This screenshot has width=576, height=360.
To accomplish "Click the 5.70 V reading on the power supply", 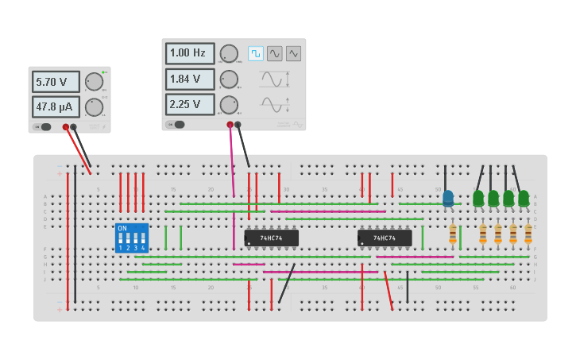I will coord(56,82).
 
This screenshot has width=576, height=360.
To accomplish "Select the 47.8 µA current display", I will coord(56,106).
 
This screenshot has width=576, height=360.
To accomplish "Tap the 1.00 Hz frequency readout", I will coord(190,53).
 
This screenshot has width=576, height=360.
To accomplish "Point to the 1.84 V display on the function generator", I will coord(190,79).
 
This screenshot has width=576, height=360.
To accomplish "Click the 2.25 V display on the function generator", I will coord(190,104).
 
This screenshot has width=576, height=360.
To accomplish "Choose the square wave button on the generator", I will coord(255,53).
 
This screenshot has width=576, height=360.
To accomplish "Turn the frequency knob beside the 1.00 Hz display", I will coord(229,53).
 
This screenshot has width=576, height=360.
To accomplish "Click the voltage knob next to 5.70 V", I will coord(94,82).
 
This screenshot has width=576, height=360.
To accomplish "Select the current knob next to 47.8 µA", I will coord(94,107).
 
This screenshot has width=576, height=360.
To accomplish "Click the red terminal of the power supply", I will coord(66,126).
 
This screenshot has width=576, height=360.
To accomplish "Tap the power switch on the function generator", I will coord(179,124).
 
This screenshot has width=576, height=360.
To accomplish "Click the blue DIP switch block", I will coord(132,238).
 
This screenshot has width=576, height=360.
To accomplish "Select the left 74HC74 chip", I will coord(271,238).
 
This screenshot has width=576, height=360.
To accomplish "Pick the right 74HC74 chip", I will coord(385,238).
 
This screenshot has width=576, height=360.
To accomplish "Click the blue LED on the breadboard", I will coord(448,198).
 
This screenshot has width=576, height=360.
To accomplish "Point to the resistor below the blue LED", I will coord(453,234).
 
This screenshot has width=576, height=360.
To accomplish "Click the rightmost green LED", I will coord(524,198).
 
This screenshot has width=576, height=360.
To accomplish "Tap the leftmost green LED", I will coord(478,198).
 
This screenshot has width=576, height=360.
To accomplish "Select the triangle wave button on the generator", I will coord(293,53).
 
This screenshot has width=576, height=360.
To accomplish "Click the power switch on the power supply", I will coord(44,126).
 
